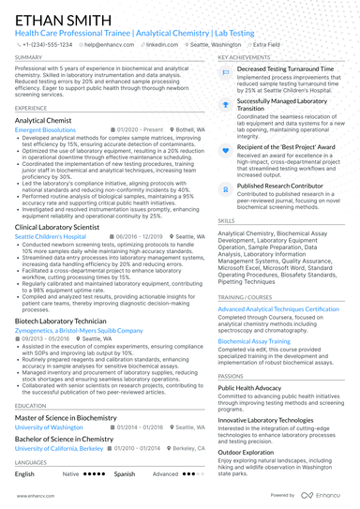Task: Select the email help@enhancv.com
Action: pos(111,44)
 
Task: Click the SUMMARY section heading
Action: pos(28,57)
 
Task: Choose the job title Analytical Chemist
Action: pos(46,121)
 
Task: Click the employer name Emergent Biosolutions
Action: pos(48,130)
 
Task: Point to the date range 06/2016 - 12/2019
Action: pos(142,237)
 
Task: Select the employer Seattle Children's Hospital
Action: pos(52,237)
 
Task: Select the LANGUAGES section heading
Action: pos(31,462)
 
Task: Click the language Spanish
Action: pos(124,474)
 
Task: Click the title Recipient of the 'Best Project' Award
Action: pos(286,147)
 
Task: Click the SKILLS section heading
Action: pos(227,220)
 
